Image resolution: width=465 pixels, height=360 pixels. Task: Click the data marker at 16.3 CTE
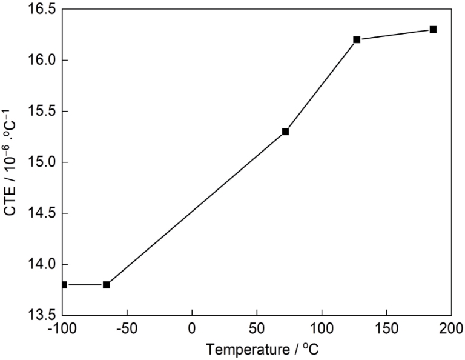433,29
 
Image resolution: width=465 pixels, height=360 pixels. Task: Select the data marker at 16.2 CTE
357,39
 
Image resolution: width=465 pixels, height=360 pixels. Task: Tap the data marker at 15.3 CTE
285,131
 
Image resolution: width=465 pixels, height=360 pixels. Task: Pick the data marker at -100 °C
64,284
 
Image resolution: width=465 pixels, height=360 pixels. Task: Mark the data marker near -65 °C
106,284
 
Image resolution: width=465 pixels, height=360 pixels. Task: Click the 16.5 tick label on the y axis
43,10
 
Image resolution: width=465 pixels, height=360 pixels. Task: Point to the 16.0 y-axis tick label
43,61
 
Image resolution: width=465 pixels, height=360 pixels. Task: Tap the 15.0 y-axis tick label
43,162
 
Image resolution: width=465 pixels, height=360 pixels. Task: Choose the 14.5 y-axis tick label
43,213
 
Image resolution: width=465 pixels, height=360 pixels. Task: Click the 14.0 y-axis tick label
43,264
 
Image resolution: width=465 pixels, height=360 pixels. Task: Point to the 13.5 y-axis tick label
43,315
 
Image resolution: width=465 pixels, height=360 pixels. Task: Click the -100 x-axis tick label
61,329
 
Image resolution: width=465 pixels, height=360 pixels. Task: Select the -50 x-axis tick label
127,329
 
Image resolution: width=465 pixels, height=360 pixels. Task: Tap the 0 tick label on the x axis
192,329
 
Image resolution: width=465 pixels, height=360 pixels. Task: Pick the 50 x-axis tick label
257,329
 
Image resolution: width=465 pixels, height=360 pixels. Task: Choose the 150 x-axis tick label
386,329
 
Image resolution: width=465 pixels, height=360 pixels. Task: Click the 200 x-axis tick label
450,329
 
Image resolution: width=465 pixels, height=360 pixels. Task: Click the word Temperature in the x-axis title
239,350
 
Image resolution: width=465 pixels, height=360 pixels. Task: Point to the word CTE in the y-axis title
10,202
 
